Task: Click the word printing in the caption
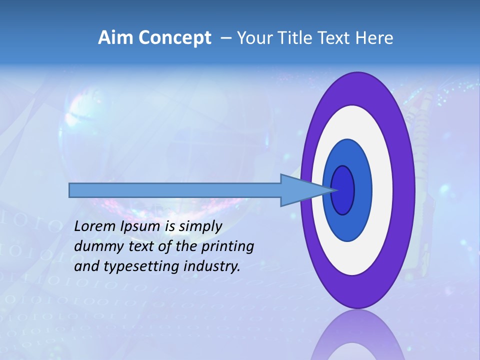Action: coord(227,247)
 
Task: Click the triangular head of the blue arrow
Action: coord(300,190)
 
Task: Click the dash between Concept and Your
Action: coord(225,38)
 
